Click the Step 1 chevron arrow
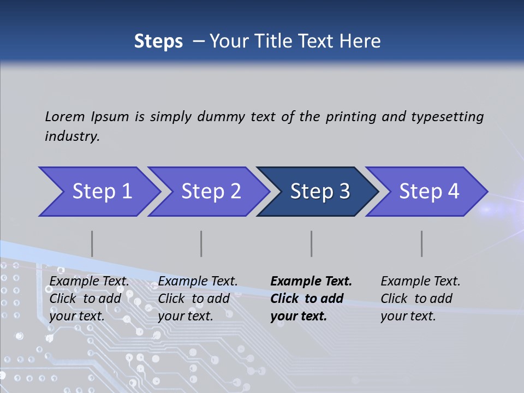98,192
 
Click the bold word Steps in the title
158,41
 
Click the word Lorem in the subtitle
65,116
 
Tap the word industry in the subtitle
72,136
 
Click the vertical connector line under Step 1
92,243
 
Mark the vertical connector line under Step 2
201,243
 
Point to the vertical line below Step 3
311,243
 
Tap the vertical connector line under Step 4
422,243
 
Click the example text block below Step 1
89,299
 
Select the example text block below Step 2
198,299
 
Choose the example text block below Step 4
420,299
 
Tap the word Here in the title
361,41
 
